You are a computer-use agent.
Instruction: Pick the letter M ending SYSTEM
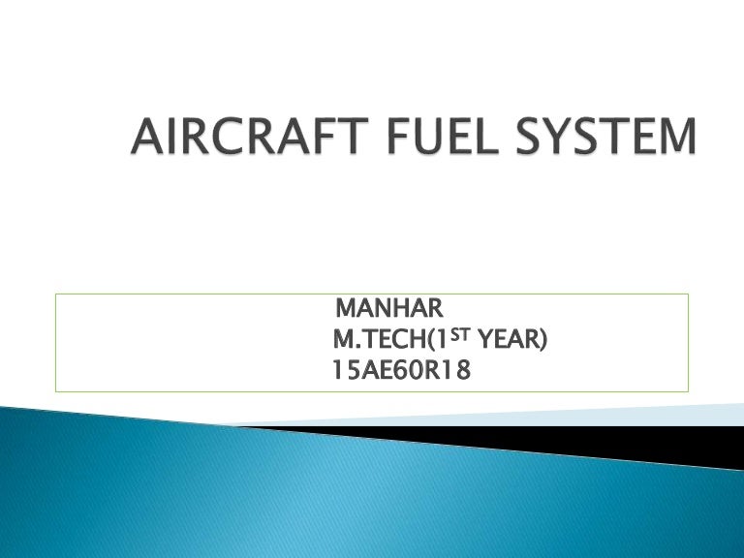(674, 138)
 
